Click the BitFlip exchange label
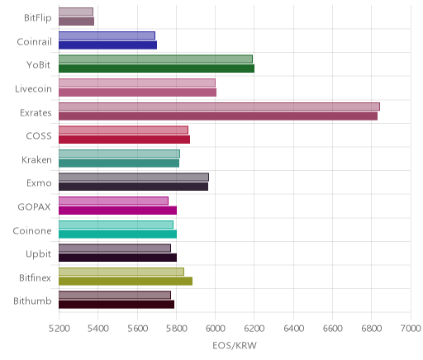(38, 18)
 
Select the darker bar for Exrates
(218, 116)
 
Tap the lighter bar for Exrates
(219, 107)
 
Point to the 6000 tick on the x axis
(215, 328)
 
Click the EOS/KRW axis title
(235, 345)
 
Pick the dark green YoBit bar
(156, 69)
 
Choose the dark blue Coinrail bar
(107, 45)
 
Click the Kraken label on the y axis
(36, 160)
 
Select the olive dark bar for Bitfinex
(126, 281)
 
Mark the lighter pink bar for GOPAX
(113, 201)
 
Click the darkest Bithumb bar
(116, 305)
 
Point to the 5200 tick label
(59, 328)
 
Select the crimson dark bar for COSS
(124, 140)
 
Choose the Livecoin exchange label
(33, 89)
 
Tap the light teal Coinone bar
(116, 225)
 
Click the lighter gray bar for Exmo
(134, 178)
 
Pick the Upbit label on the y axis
(38, 254)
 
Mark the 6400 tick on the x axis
(293, 328)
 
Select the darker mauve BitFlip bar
(76, 21)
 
